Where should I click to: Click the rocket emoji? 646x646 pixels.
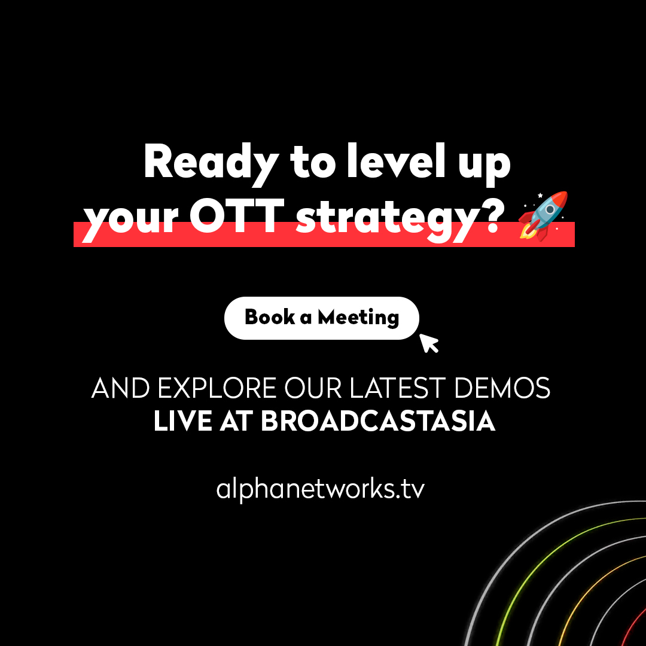[x=543, y=216]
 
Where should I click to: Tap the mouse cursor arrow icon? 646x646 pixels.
[x=429, y=343]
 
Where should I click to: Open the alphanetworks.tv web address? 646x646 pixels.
[x=321, y=489]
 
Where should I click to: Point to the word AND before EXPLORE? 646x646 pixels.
[x=121, y=389]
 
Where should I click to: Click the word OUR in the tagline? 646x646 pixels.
[x=313, y=389]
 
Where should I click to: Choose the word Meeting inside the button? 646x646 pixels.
[x=358, y=317]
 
